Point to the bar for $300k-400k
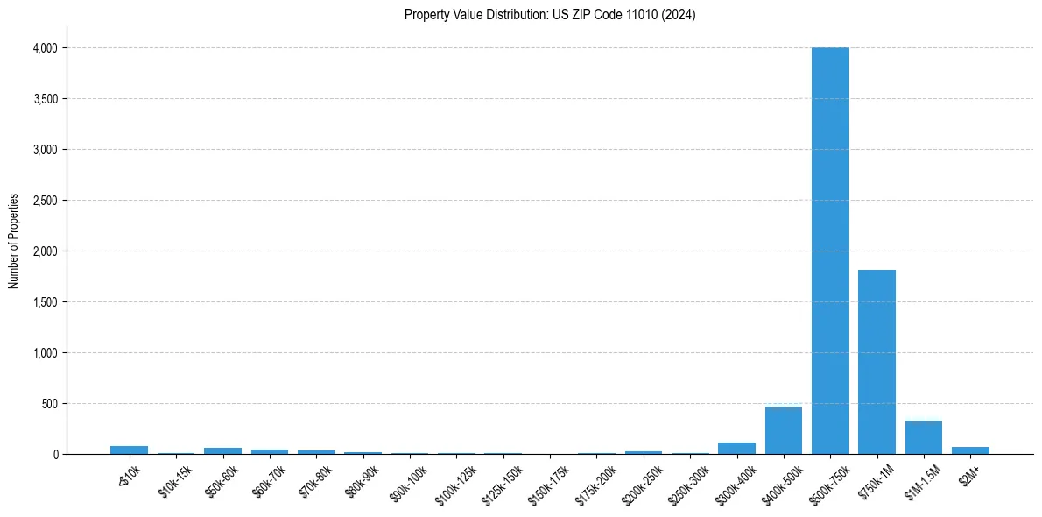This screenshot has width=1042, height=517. coord(736,449)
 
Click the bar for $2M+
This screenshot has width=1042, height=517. coord(970,450)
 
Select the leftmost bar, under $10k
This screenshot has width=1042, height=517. coord(129,450)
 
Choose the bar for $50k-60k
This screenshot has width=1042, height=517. coord(222,450)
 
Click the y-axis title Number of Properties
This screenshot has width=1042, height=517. coord(14,240)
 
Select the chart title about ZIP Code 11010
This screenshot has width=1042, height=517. coord(550,15)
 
